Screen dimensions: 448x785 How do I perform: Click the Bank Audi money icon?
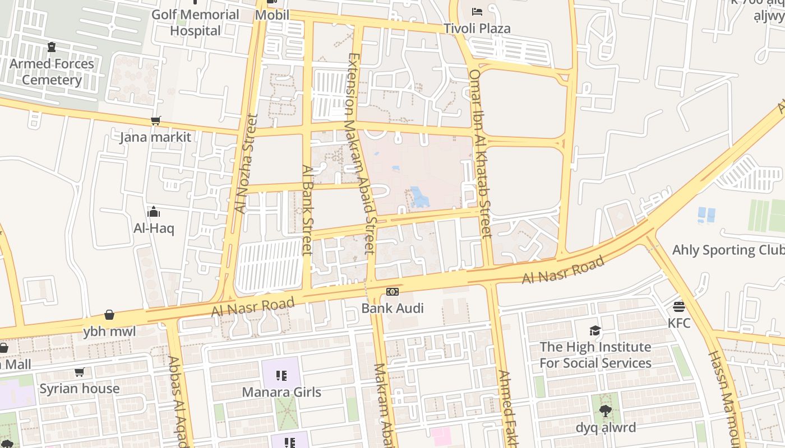(392, 292)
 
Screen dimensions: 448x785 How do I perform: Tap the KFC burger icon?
(679, 307)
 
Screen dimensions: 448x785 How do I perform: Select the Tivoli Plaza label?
(477, 29)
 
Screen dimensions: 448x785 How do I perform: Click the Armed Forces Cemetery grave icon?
(52, 47)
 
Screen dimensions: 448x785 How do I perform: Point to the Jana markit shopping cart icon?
(155, 121)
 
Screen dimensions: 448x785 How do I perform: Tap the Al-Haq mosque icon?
(154, 212)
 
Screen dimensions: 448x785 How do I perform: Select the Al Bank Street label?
(307, 209)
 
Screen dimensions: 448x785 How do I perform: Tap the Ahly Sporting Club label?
(728, 250)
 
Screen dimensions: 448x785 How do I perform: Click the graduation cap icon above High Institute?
(595, 330)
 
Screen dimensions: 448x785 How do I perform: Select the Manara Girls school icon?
(281, 375)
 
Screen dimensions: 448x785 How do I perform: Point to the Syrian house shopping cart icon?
(80, 372)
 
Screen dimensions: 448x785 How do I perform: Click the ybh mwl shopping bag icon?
(109, 315)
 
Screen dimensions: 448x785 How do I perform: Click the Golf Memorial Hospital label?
(196, 22)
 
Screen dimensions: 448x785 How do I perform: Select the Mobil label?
(272, 15)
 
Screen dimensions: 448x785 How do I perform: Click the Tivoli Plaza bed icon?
(477, 11)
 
